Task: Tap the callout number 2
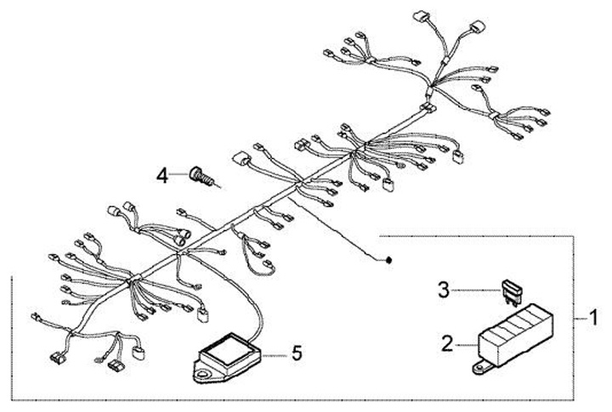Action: point(446,344)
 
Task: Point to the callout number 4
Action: point(163,177)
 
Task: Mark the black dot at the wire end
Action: point(388,259)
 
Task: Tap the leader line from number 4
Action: point(182,176)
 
